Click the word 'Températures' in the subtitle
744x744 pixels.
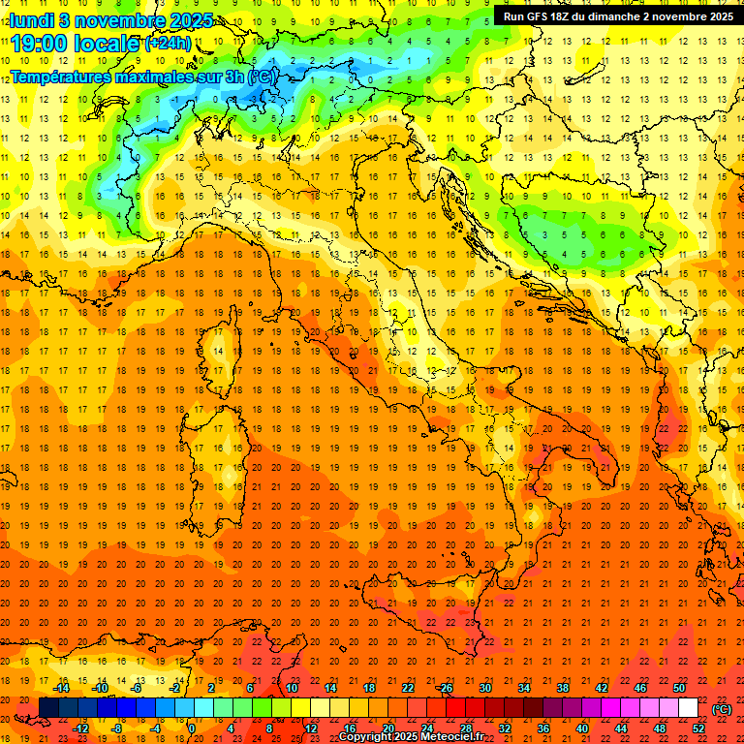[57, 76]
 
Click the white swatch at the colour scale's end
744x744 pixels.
[688, 708]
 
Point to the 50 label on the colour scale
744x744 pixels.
[679, 688]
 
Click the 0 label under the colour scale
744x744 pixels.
[193, 728]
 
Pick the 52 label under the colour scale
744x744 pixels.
[697, 728]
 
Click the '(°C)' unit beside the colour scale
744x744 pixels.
[722, 708]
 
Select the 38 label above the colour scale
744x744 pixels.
[562, 688]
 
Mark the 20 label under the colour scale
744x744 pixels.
[387, 728]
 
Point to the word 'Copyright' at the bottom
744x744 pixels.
[366, 737]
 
